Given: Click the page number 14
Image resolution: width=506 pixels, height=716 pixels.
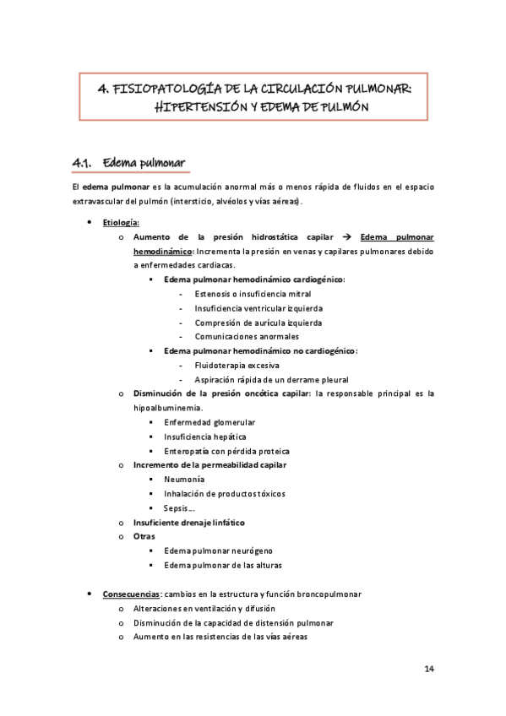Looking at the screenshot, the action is [429, 669].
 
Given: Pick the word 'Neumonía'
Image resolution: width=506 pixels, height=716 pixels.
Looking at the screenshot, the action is [183, 479].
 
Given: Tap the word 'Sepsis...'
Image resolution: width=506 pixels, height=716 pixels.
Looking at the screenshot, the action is [181, 507].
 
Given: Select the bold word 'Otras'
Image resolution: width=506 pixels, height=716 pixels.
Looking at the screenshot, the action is [145, 536].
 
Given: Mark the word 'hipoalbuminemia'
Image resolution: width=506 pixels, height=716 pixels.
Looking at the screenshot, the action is [166, 408].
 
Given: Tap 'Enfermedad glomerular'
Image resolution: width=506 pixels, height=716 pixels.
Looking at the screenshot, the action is [209, 422].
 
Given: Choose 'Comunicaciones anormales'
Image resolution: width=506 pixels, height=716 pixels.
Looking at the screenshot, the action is [242, 336].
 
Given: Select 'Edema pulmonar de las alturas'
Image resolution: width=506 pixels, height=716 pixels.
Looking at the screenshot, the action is [223, 565].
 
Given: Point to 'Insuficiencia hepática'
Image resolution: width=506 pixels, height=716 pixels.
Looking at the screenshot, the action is [205, 437].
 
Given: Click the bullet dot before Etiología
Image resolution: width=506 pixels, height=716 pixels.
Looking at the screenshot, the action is [90, 222].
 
